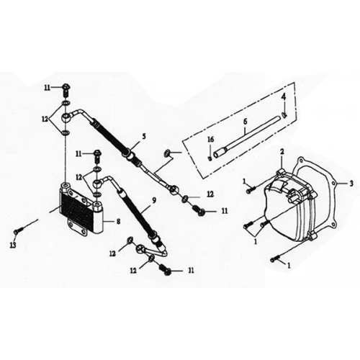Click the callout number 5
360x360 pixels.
144,137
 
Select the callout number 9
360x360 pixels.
153,199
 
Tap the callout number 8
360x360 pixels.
118,221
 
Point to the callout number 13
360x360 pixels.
13,245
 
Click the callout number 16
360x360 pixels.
210,140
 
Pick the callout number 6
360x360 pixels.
245,122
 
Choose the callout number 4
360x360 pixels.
284,97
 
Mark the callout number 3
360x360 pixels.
351,184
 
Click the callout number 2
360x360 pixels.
282,151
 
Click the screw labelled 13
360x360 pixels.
19,231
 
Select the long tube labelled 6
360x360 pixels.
247,135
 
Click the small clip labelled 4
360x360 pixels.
284,115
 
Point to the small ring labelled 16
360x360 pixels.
210,158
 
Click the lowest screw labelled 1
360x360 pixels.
275,259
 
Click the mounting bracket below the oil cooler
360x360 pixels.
78,227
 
